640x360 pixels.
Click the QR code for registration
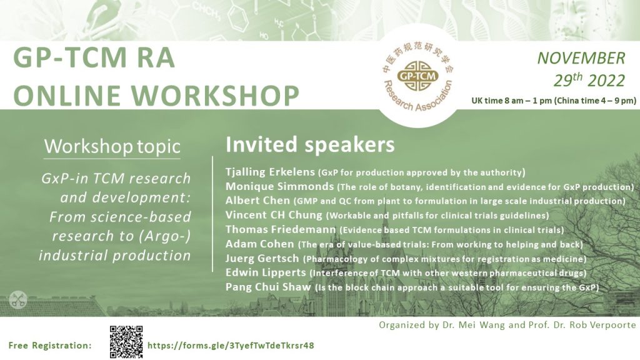point(126,342)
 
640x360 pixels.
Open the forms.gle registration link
point(231,346)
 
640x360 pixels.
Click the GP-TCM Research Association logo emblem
point(418,76)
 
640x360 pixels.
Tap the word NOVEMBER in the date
point(581,58)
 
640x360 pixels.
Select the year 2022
point(606,81)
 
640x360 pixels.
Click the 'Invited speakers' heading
point(310,144)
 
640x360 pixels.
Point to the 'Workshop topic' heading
point(112,146)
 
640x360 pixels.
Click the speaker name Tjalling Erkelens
point(270,172)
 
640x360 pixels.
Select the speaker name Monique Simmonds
point(279,186)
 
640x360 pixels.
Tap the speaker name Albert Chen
point(257,201)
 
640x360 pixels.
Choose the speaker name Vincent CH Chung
point(274,215)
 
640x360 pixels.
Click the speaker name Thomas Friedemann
point(281,229)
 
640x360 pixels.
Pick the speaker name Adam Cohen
point(259,244)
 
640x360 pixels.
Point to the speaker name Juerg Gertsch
point(262,258)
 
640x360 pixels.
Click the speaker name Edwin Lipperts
point(266,272)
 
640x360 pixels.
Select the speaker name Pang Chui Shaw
point(268,287)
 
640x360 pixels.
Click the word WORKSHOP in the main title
point(215,96)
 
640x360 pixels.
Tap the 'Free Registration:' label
point(50,345)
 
